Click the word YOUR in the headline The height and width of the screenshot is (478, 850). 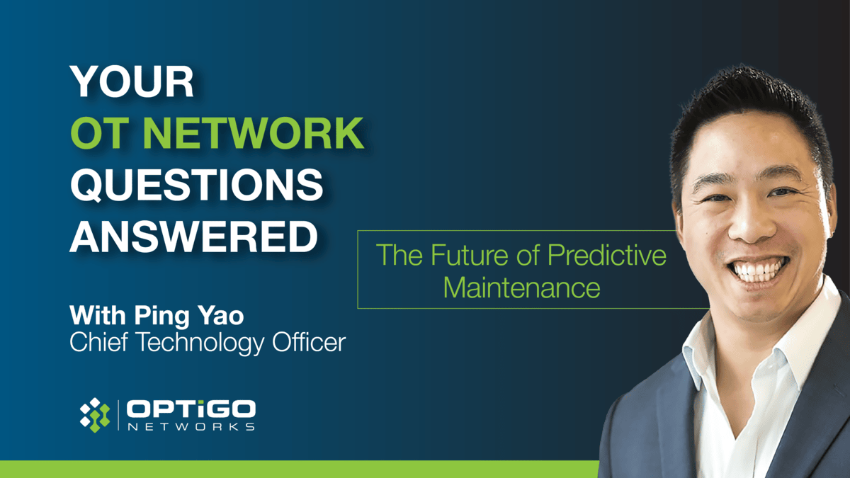132,81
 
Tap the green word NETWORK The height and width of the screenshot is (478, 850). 254,132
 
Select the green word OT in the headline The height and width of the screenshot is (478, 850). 100,132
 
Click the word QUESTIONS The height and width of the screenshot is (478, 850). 197,184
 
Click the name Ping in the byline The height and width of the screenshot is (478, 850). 161,317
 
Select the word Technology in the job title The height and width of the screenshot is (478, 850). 200,343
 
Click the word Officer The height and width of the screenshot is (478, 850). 309,342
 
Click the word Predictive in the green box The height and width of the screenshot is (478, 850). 607,254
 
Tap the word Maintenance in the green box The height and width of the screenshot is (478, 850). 522,288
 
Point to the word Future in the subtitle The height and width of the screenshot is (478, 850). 469,254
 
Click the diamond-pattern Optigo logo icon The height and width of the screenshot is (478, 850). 95,415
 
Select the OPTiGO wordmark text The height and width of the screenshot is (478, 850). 191,409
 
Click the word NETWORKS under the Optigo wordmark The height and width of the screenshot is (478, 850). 191,427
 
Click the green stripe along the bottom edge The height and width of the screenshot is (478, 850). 300,470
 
